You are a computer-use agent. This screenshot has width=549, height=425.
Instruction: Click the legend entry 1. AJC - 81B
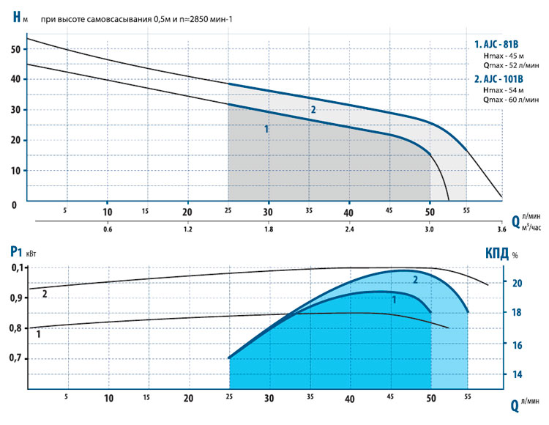[x=499, y=44]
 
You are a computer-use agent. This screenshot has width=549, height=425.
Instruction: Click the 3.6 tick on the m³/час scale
[x=501, y=229]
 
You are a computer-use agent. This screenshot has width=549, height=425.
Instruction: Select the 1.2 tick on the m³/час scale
[x=187, y=229]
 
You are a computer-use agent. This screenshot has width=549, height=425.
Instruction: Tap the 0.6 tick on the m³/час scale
[x=108, y=229]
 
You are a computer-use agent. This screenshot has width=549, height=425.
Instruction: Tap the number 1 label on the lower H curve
[x=266, y=128]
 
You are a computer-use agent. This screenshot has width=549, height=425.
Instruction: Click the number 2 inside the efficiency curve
[x=415, y=279]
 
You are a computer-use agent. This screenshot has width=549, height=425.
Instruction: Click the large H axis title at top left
[x=17, y=17]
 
